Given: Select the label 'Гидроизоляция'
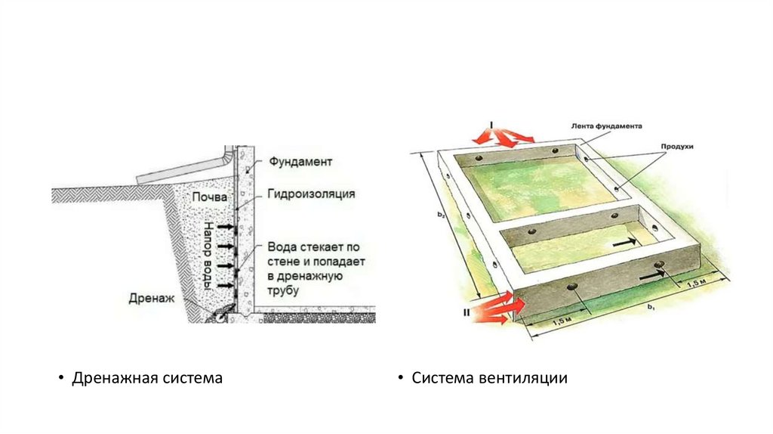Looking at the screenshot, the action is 310,194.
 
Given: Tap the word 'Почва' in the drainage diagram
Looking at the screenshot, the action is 208,197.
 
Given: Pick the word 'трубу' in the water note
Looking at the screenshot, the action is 283,290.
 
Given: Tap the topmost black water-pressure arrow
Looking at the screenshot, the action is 224,226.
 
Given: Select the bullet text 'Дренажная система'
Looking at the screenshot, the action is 147,377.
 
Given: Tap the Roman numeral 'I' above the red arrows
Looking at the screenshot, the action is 491,122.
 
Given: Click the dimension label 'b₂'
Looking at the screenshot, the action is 441,215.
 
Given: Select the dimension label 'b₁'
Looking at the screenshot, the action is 649,308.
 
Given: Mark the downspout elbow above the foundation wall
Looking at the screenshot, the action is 226,158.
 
